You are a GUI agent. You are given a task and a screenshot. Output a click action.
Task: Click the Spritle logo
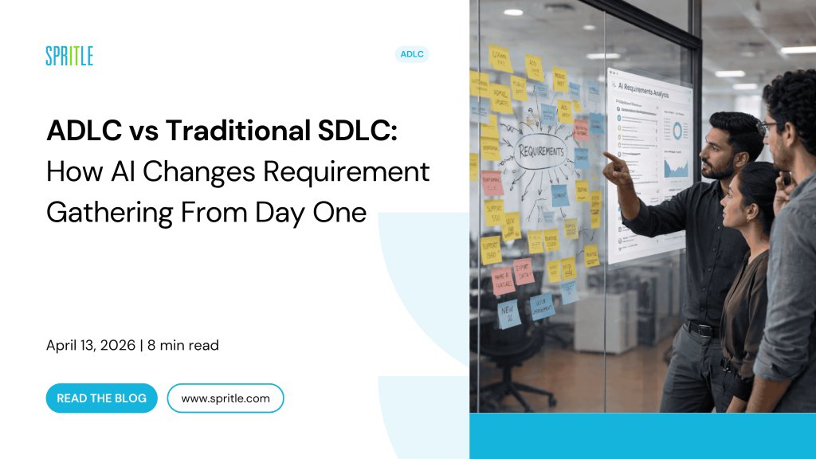tap(69, 56)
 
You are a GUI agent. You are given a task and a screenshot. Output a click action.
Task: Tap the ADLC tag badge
tap(412, 54)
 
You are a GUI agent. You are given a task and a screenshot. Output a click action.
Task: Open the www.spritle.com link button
tap(226, 398)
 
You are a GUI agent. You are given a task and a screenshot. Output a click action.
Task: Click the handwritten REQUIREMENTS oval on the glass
tap(543, 151)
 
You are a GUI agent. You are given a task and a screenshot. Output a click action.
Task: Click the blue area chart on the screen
tap(676, 166)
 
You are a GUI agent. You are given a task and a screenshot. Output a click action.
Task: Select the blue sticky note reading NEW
tap(508, 311)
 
